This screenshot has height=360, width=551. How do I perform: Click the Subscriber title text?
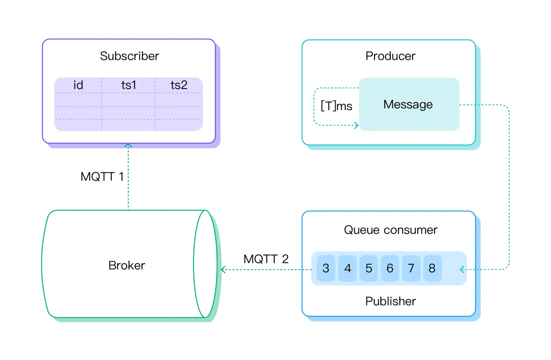point(129,56)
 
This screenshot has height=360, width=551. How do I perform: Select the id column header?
point(78,85)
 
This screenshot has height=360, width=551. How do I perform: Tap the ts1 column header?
point(129,85)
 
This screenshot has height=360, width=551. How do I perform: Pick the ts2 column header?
point(179,85)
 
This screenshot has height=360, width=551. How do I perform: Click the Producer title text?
point(390,56)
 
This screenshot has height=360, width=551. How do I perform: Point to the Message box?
point(409,104)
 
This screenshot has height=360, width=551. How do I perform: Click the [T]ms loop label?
point(336,106)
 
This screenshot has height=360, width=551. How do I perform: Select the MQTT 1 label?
point(102,177)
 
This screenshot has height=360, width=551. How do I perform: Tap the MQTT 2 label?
point(266,259)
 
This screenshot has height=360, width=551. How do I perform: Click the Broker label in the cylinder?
point(127,265)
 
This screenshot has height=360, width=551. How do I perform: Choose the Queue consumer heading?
point(390,230)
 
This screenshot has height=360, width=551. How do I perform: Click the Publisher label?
point(390,301)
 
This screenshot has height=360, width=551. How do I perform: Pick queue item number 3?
point(326,268)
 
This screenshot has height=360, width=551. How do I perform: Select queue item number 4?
point(347,268)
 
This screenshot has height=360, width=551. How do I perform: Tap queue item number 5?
point(369,268)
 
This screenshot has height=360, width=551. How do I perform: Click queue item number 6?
point(390,268)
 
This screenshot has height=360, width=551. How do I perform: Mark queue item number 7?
point(411,268)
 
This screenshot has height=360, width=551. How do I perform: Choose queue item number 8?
point(432,268)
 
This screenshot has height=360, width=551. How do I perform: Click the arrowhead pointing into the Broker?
point(223,269)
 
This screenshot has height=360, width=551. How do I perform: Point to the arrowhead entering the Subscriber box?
point(128,146)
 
